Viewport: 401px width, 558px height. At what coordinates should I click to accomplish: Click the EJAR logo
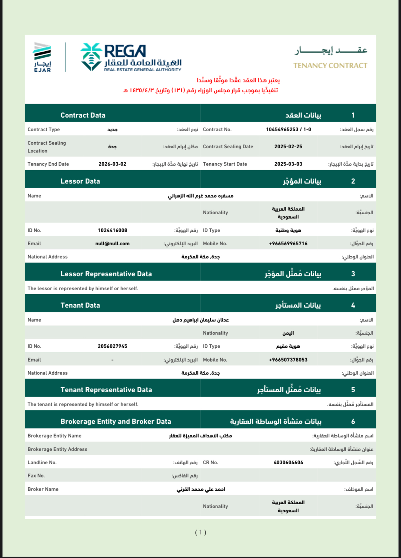click(x=42, y=57)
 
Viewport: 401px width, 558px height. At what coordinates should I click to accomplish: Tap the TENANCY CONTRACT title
click(x=330, y=66)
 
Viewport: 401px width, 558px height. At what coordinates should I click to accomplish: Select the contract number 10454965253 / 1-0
click(x=288, y=129)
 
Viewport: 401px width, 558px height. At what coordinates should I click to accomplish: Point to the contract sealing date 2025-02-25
click(x=288, y=147)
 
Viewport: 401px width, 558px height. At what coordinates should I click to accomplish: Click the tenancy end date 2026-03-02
click(x=112, y=164)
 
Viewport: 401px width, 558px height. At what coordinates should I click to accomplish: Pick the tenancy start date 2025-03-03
click(x=288, y=164)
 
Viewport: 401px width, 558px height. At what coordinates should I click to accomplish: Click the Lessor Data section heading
click(x=80, y=181)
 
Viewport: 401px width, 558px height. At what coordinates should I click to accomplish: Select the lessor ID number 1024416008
click(x=112, y=230)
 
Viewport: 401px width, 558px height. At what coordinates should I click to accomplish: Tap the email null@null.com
click(x=112, y=244)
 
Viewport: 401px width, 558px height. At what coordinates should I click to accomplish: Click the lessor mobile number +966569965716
click(x=288, y=244)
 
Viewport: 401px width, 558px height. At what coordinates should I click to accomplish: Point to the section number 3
click(x=353, y=274)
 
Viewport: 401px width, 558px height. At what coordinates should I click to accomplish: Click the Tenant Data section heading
click(x=80, y=305)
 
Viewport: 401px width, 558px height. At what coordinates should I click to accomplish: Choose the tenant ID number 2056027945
click(x=112, y=346)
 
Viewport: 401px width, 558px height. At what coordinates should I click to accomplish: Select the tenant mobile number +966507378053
click(x=288, y=360)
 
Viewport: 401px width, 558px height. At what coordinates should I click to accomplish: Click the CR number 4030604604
click(x=288, y=462)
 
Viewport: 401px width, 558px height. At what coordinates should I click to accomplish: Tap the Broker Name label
click(x=43, y=489)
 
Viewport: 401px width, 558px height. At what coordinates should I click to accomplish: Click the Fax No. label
click(x=36, y=476)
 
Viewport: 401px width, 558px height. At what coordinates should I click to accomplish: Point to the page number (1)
click(x=200, y=532)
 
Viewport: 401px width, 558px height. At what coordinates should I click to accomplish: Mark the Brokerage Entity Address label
click(x=57, y=449)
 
